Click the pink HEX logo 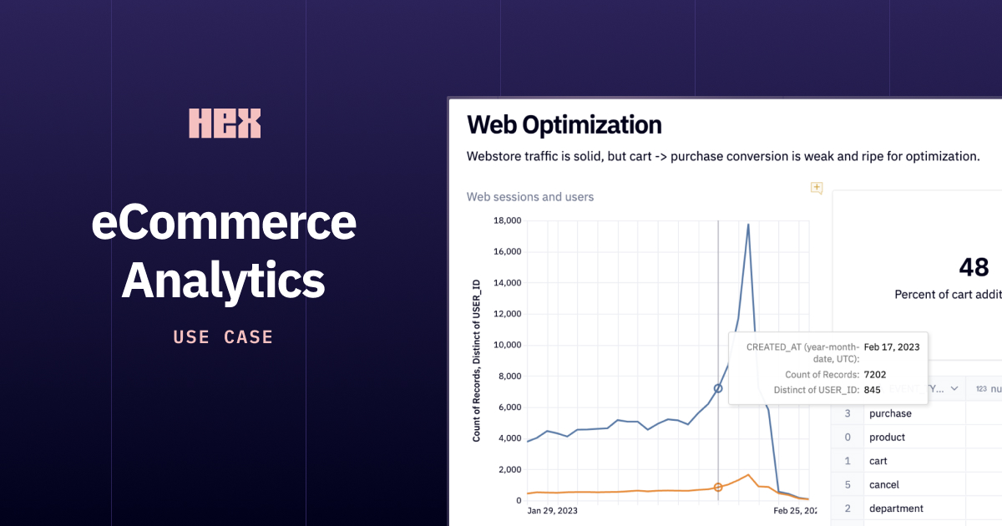pyautogui.click(x=225, y=124)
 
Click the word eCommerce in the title pyautogui.click(x=224, y=224)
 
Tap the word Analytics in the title pyautogui.click(x=224, y=281)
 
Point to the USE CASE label pyautogui.click(x=224, y=337)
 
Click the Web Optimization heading pyautogui.click(x=564, y=124)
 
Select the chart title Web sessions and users pyautogui.click(x=530, y=197)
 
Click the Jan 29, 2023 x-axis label pyautogui.click(x=552, y=510)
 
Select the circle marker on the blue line pyautogui.click(x=718, y=388)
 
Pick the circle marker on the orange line pyautogui.click(x=718, y=487)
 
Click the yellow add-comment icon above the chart pyautogui.click(x=817, y=188)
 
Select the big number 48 pyautogui.click(x=974, y=267)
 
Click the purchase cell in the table pyautogui.click(x=890, y=413)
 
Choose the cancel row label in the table pyautogui.click(x=884, y=484)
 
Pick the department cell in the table pyautogui.click(x=897, y=508)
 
